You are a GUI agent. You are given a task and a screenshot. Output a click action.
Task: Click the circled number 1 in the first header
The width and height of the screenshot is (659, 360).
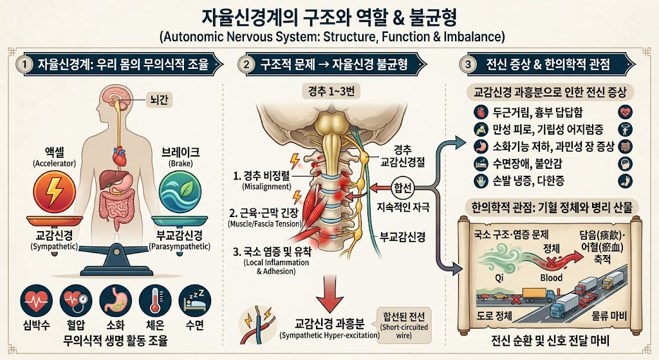point(25,65)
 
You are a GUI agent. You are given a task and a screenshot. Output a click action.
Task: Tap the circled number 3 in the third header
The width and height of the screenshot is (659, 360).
point(468,65)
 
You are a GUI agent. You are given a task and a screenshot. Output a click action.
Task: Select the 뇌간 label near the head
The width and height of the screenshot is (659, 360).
point(159,100)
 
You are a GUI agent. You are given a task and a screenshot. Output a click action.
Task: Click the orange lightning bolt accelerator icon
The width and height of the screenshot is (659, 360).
point(55,192)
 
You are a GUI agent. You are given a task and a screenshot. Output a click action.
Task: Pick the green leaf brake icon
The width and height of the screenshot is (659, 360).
point(181,192)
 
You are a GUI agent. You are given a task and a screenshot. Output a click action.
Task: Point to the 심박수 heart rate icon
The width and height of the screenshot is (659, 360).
point(37,301)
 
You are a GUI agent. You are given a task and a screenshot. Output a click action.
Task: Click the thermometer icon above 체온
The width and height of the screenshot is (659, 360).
point(154,301)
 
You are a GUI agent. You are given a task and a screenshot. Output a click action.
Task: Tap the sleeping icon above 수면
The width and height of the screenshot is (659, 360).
point(194,301)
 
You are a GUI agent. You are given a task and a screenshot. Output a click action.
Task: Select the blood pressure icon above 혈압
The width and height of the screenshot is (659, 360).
point(76,301)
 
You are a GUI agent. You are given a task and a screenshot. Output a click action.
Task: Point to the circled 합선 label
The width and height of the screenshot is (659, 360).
point(403,187)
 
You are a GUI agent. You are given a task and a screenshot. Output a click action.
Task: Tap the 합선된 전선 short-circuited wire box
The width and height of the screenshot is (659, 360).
point(404,325)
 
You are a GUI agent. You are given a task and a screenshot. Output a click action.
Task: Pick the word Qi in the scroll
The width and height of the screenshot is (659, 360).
point(499,278)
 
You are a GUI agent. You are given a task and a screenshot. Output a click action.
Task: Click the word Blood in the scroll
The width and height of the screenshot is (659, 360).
point(551,278)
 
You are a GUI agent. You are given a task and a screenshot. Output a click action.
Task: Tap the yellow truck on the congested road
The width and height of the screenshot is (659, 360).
point(534,294)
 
